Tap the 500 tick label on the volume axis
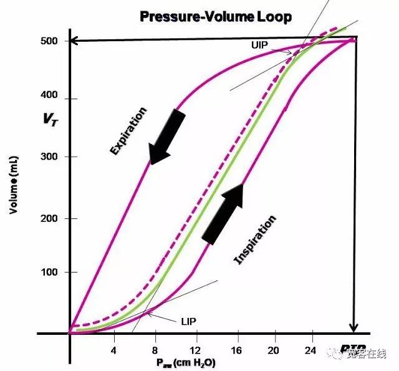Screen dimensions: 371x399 tap(50, 41)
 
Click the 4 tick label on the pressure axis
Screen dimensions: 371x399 tap(114, 351)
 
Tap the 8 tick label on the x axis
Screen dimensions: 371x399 tap(155, 351)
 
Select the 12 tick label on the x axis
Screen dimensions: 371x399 tap(195, 351)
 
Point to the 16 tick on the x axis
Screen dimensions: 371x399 tap(235, 351)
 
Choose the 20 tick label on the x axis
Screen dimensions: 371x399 tap(273, 351)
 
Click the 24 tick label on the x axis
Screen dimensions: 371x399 tap(312, 351)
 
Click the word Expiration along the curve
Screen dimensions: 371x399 tap(128, 132)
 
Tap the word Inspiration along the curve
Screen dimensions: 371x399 tap(254, 241)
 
